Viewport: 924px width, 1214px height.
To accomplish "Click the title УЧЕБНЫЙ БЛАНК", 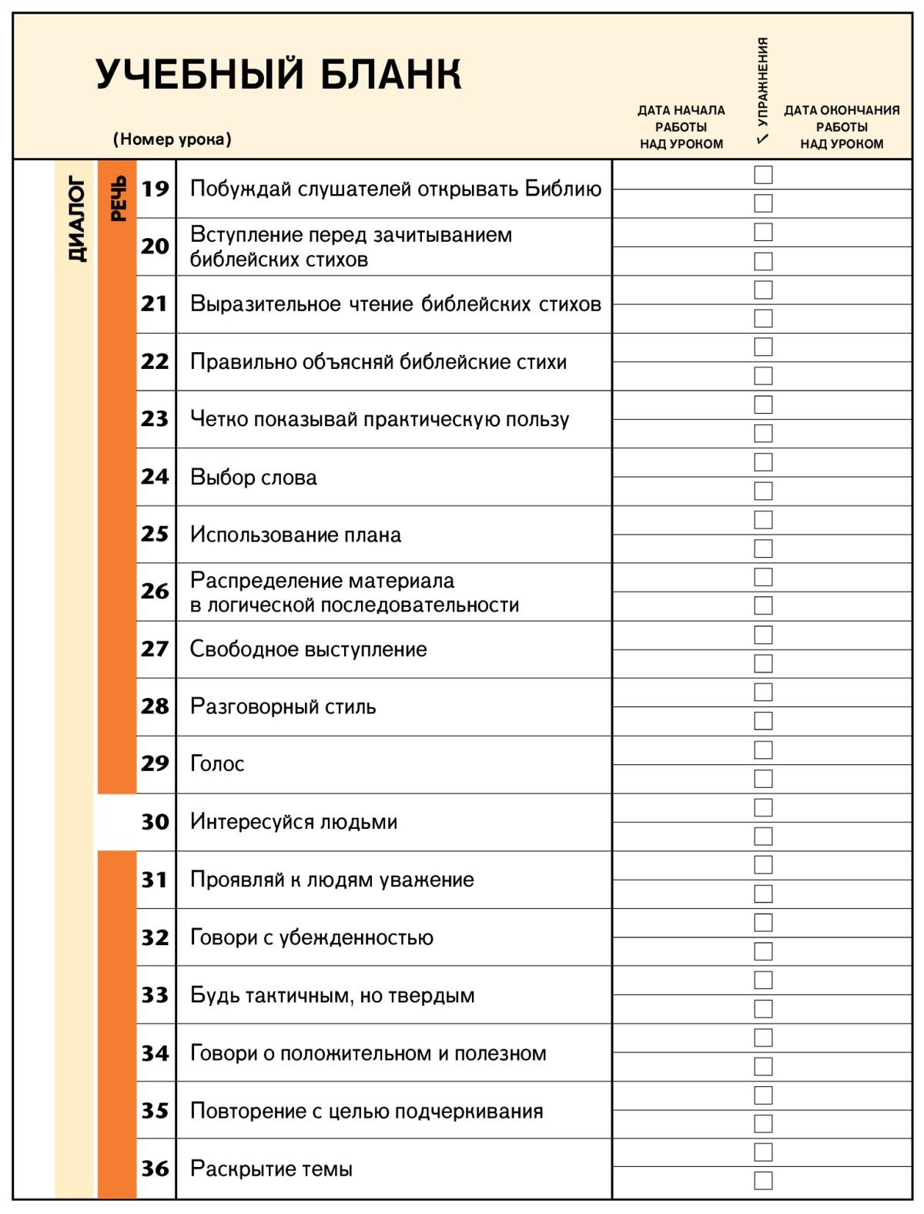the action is (279, 75).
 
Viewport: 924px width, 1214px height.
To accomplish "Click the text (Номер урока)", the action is (172, 139).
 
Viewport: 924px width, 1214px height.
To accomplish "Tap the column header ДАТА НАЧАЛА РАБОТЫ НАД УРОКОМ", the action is (681, 127).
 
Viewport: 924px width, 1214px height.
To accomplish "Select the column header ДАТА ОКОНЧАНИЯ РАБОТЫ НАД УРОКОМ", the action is (842, 127).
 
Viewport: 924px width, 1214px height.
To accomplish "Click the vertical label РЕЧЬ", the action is (118, 199).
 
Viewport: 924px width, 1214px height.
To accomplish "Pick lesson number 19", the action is (155, 189).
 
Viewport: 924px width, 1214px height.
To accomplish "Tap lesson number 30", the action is (155, 822).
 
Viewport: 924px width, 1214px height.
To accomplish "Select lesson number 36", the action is (155, 1169).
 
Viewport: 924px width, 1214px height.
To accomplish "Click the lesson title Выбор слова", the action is (253, 478).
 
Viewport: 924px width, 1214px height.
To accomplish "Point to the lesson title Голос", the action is (217, 764).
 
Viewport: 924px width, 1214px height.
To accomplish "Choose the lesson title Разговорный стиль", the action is (283, 706).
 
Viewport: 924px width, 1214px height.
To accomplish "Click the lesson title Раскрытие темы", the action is (271, 1169).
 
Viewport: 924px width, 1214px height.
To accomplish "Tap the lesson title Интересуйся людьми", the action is (293, 822).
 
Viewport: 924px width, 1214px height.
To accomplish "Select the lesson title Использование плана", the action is (296, 535).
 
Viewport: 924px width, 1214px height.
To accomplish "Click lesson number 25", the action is (155, 534).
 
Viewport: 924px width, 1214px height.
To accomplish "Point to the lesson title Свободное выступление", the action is (308, 649).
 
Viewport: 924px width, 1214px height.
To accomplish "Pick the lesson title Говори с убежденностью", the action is (311, 937).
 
